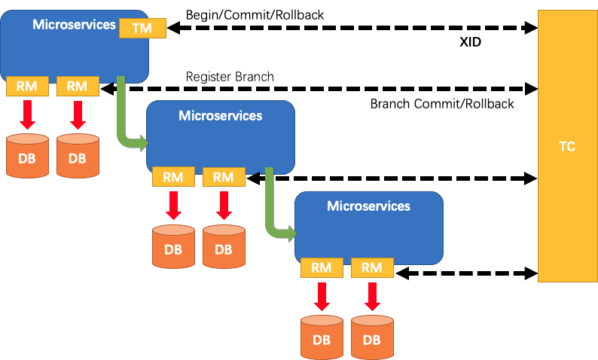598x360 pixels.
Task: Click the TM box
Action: coord(142,28)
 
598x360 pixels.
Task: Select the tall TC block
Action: coord(567,146)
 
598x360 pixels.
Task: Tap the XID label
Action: coord(470,42)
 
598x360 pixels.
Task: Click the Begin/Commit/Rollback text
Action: coord(255,15)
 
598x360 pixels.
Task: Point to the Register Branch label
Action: coord(230,77)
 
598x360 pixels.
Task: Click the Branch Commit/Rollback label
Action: coord(442,104)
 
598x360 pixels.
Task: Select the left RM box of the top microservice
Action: coord(27,86)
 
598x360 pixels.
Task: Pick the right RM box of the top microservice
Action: coord(78,86)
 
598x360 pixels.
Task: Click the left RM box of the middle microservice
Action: coord(173,177)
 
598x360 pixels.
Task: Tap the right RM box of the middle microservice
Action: coord(224,177)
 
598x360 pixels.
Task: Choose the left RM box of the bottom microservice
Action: coord(322,267)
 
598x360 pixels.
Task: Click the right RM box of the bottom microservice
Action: coord(372,267)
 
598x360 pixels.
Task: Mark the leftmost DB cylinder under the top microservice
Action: coord(27,156)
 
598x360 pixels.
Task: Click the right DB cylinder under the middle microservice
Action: coord(224,246)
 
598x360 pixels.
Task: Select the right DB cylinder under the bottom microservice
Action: coord(372,337)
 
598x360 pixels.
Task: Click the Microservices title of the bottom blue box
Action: coord(368,206)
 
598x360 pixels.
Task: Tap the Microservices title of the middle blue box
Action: coord(221,115)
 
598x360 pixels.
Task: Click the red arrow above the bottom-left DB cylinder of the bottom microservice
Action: coord(322,297)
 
